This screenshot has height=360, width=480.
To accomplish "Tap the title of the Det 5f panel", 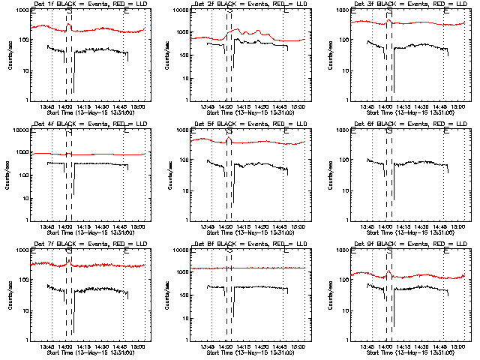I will [241, 124].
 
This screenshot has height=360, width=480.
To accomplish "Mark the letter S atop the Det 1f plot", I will [69, 12].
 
